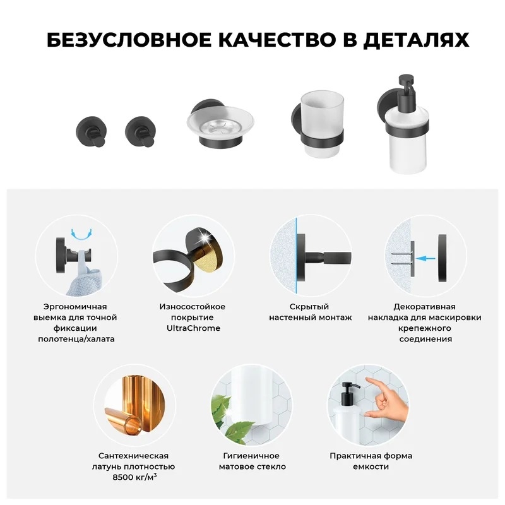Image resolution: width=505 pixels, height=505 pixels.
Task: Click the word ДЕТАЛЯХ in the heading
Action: pos(417,40)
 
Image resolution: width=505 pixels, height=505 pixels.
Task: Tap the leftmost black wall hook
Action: pos(92,132)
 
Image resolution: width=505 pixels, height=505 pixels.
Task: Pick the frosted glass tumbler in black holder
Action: pos(322,124)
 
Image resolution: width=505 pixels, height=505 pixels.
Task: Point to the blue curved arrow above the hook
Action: pos(81,234)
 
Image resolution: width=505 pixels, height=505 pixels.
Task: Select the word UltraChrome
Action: pos(193,328)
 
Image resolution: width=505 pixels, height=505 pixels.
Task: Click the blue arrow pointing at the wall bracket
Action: pos(425,258)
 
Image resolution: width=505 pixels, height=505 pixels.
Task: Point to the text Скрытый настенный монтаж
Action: pos(310,312)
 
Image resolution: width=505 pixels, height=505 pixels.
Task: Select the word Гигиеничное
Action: pos(251,456)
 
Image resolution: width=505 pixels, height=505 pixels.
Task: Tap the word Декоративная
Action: pos(424,307)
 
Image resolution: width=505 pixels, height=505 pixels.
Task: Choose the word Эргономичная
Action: pos(75,307)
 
